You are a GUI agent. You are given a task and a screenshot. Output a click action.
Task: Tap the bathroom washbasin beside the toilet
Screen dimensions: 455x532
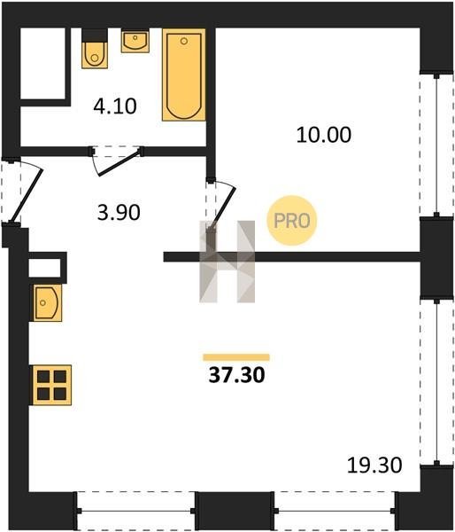click(x=135, y=41)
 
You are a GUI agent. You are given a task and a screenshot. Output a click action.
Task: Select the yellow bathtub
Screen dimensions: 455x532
click(x=184, y=74)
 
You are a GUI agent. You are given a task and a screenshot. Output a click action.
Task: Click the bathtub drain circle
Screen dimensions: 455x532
click(x=184, y=41)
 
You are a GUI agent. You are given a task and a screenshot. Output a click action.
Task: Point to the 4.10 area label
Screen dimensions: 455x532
click(x=115, y=106)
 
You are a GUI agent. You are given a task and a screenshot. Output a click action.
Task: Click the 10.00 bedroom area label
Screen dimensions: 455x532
click(x=324, y=135)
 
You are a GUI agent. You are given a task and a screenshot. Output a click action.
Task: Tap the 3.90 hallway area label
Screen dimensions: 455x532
click(x=119, y=213)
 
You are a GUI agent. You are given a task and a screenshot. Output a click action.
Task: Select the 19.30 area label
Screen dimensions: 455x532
click(x=374, y=465)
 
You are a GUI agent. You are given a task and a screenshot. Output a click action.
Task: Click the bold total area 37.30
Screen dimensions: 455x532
click(x=236, y=375)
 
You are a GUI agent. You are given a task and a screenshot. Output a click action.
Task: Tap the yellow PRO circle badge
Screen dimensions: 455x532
click(x=292, y=221)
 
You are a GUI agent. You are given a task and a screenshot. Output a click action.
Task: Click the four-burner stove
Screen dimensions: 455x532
click(x=51, y=385)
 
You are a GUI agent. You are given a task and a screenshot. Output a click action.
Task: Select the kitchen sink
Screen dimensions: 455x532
click(x=48, y=303)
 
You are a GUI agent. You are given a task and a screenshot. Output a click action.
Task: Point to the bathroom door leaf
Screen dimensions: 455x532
click(x=119, y=162)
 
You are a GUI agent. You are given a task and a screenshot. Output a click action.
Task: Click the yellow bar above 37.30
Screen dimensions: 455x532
click(x=236, y=357)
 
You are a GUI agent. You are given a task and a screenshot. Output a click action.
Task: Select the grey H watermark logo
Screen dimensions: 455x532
click(x=227, y=262)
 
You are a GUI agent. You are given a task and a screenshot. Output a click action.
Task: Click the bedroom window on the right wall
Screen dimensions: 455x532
click(x=436, y=145)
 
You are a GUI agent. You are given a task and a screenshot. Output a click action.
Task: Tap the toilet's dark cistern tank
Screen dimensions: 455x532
click(x=95, y=35)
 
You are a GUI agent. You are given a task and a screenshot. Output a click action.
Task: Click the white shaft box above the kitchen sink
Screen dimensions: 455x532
click(x=45, y=268)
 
